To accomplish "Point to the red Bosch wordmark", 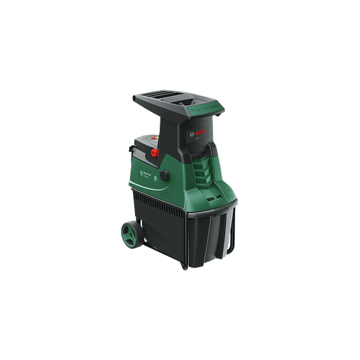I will click(201, 131).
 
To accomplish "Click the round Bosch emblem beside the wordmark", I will click(192, 133).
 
